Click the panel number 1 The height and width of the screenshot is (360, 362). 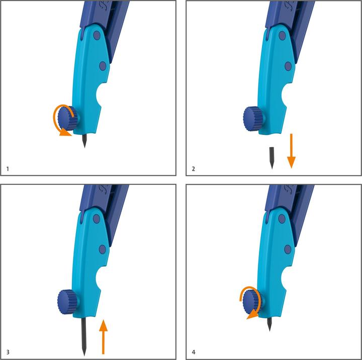click(8, 169)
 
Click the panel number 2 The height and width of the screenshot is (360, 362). click(194, 169)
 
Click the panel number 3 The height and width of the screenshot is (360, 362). click(8, 352)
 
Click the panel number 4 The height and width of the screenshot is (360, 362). click(194, 352)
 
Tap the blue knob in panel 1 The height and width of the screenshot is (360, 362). click(68, 118)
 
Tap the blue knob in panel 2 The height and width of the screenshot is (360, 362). click(253, 118)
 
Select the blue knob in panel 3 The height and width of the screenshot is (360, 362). click(68, 301)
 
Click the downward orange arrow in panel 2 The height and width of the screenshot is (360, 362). click(291, 151)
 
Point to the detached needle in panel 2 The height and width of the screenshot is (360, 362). click(271, 158)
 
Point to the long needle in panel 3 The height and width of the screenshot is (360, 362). click(84, 336)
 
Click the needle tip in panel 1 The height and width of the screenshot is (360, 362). click(85, 148)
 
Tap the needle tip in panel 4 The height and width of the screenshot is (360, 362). click(270, 331)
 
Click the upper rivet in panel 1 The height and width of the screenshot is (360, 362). click(97, 35)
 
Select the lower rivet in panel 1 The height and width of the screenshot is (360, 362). click(103, 66)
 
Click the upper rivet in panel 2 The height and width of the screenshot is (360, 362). click(282, 36)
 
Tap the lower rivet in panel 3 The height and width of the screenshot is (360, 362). click(102, 249)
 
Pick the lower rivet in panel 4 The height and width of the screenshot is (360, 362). click(288, 250)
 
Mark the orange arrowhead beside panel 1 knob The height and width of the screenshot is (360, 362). click(65, 133)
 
